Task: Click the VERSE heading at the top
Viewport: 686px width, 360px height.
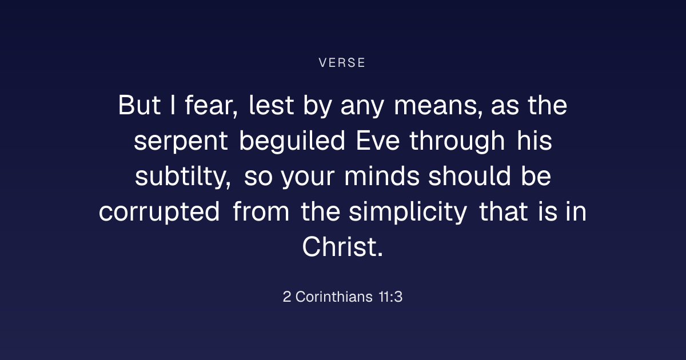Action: (342, 63)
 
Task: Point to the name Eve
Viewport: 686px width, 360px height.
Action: (378, 141)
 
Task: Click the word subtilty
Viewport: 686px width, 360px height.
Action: (183, 177)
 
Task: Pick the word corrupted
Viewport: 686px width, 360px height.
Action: (159, 212)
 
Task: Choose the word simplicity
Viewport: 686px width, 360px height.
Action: (408, 212)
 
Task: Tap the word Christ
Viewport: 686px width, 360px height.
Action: (342, 247)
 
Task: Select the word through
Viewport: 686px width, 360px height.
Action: (457, 141)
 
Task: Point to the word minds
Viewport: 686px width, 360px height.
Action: (382, 176)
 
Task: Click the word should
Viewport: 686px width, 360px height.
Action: (469, 176)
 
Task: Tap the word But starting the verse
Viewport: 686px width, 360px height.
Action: (139, 105)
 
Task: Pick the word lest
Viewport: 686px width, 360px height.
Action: (272, 105)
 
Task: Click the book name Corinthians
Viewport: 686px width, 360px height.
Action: (334, 297)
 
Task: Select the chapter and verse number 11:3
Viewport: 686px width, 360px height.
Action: (390, 297)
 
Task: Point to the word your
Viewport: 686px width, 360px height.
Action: (308, 178)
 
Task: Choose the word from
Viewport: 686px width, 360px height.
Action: (261, 211)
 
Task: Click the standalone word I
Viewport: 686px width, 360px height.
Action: (173, 105)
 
